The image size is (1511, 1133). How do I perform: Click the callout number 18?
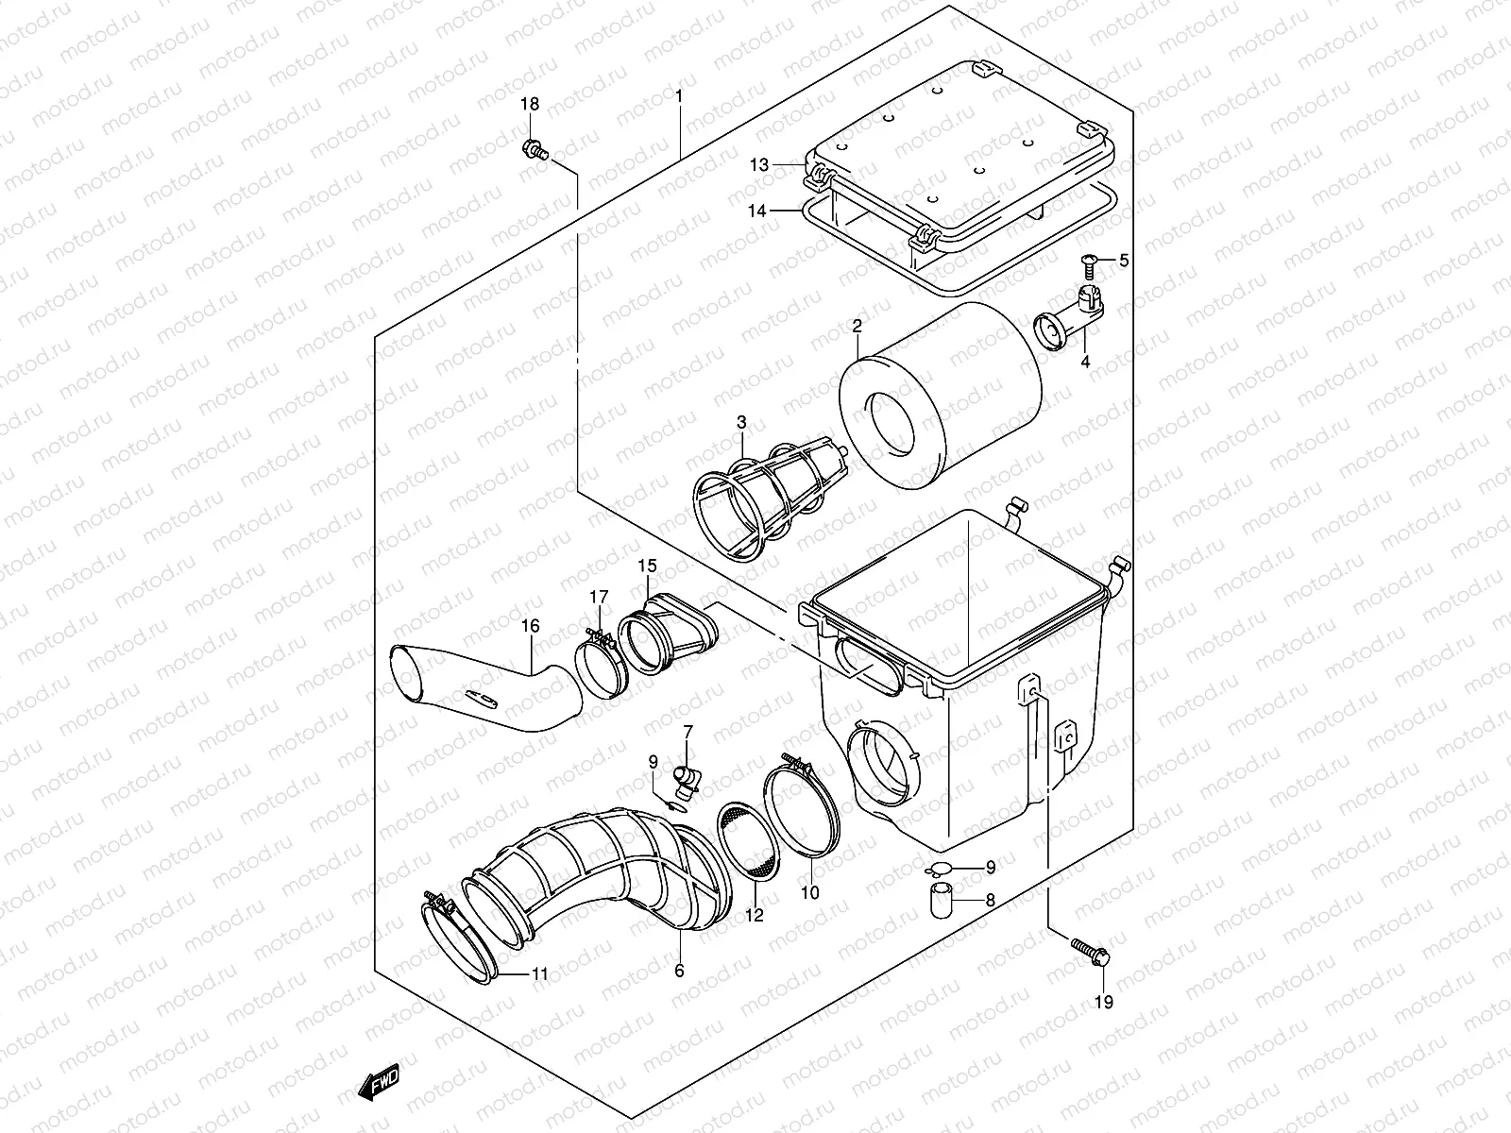pos(530,104)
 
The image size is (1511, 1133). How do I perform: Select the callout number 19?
pos(1103,1002)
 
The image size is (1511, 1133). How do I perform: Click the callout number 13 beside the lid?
pos(760,165)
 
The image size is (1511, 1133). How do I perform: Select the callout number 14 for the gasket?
pos(758,211)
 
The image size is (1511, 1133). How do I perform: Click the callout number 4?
pos(1085,361)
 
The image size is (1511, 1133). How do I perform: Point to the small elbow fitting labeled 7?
pos(687,782)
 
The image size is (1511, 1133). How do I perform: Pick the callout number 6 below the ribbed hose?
pos(678,970)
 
